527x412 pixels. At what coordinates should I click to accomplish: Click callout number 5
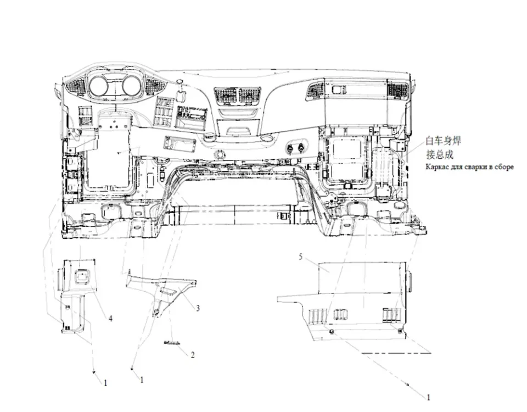[x=300, y=257]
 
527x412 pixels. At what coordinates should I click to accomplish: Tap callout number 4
[x=110, y=318]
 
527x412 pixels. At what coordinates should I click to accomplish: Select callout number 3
[x=198, y=308]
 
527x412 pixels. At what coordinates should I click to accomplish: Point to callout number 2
[x=193, y=355]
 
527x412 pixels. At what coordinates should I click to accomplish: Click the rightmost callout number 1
[x=429, y=398]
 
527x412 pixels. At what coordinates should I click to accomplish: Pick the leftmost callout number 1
[x=105, y=383]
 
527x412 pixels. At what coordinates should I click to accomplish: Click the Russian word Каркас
[x=436, y=167]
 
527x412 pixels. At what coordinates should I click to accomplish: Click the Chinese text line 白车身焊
[x=444, y=141]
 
